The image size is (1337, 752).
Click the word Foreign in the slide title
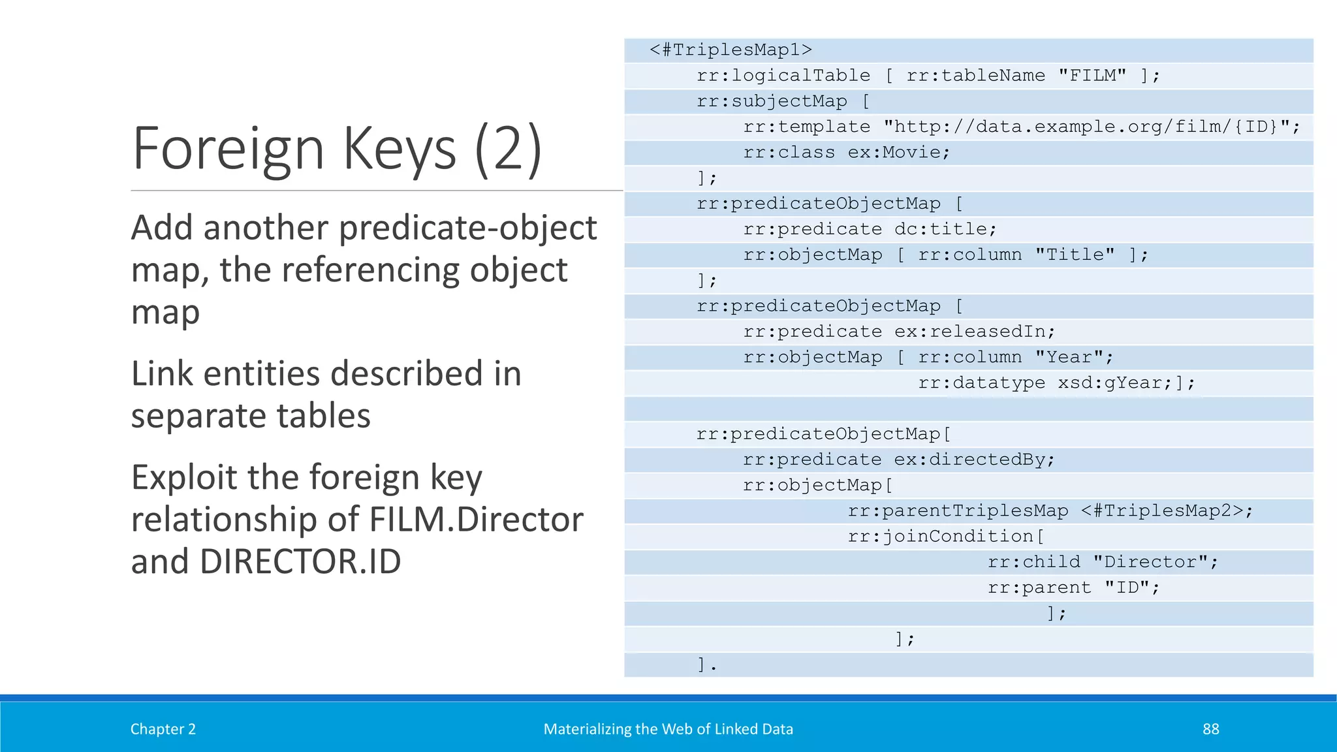pyautogui.click(x=228, y=149)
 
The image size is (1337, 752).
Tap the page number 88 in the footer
pyautogui.click(x=1210, y=729)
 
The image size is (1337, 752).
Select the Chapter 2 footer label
pyautogui.click(x=163, y=729)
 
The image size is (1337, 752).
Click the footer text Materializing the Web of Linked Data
pyautogui.click(x=668, y=729)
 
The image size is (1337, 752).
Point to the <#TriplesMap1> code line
pyautogui.click(x=731, y=50)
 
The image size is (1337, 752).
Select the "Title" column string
pyautogui.click(x=1075, y=255)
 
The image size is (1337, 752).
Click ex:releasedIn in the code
pyautogui.click(x=973, y=332)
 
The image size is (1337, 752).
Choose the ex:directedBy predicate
pyautogui.click(x=973, y=460)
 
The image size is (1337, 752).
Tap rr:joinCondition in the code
pyautogui.click(x=941, y=537)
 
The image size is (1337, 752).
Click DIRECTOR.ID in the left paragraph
pyautogui.click(x=300, y=561)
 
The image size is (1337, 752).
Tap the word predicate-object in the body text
pyautogui.click(x=467, y=228)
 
